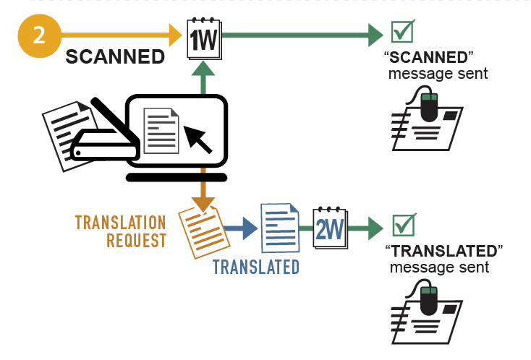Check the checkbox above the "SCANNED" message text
tap(402, 33)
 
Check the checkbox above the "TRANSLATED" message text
tap(402, 226)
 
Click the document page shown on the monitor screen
tap(161, 130)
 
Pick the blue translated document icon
tap(280, 227)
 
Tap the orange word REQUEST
tap(137, 240)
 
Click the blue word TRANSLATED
tap(255, 267)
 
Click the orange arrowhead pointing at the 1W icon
tap(174, 33)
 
